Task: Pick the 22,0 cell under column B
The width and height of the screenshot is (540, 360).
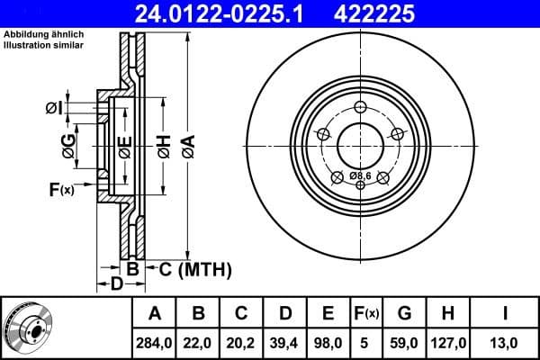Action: pyautogui.click(x=199, y=342)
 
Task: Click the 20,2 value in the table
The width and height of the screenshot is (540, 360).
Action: pyautogui.click(x=242, y=342)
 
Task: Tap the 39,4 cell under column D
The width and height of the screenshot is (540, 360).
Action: pyautogui.click(x=285, y=342)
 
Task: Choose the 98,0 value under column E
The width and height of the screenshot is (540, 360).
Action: pyautogui.click(x=328, y=342)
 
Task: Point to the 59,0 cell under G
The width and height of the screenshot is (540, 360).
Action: pyautogui.click(x=404, y=342)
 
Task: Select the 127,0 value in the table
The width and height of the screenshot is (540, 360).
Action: pyautogui.click(x=447, y=342)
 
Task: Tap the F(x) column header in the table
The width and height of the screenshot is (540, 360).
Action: pyautogui.click(x=366, y=313)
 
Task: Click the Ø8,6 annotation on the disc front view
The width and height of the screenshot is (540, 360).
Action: pyautogui.click(x=361, y=174)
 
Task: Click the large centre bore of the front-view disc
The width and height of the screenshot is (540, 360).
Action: pyautogui.click(x=360, y=143)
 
